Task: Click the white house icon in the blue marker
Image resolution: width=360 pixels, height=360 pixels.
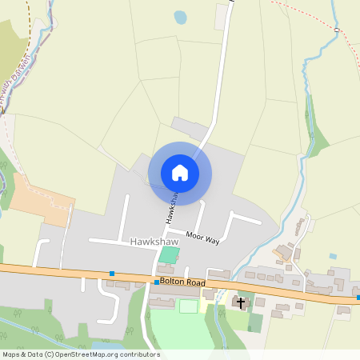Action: (x=180, y=172)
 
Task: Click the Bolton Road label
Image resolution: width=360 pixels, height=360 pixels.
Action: (x=184, y=282)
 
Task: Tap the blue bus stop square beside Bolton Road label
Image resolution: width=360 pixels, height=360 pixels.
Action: (x=157, y=282)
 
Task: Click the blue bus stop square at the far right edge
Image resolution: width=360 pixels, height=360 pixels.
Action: (x=358, y=298)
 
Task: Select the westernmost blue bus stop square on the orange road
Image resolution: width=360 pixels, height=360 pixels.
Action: (x=112, y=274)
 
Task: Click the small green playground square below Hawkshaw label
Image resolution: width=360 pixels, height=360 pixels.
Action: (x=169, y=255)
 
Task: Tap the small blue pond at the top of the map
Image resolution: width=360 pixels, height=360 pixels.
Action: (x=180, y=17)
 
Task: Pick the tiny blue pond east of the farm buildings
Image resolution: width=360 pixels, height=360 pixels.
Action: (x=332, y=256)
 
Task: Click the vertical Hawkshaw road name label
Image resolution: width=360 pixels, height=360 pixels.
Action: (x=171, y=206)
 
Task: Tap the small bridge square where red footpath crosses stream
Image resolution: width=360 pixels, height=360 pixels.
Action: (x=337, y=30)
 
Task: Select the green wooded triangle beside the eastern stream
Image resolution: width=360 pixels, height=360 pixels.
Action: (x=318, y=136)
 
